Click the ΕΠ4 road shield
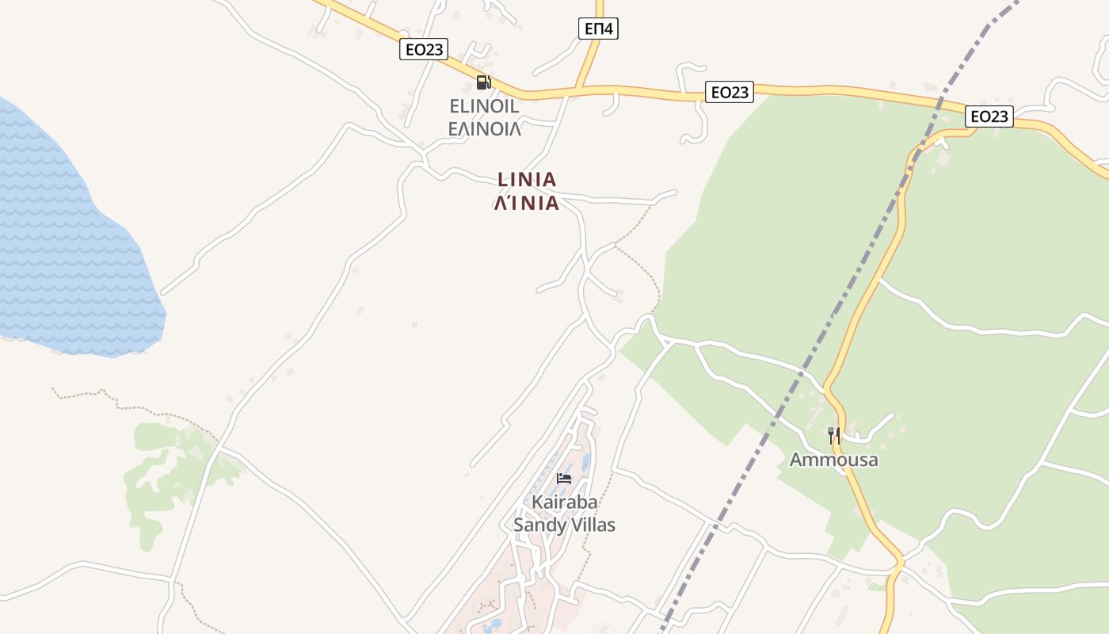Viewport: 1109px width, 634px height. [598, 29]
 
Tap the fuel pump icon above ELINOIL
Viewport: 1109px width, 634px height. [483, 82]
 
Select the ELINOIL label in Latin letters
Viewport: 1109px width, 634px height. [483, 106]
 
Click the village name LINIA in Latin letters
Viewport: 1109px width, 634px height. [527, 180]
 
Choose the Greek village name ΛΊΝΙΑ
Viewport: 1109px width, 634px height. [527, 204]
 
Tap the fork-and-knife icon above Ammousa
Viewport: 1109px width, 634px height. [833, 435]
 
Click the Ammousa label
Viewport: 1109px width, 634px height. [833, 460]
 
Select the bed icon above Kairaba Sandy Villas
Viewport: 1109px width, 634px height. [564, 478]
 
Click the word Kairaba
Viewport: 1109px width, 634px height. [564, 502]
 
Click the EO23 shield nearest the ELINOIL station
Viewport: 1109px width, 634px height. [424, 50]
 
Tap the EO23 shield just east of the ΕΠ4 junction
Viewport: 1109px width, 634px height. [730, 92]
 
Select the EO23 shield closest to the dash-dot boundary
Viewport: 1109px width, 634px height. [989, 116]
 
